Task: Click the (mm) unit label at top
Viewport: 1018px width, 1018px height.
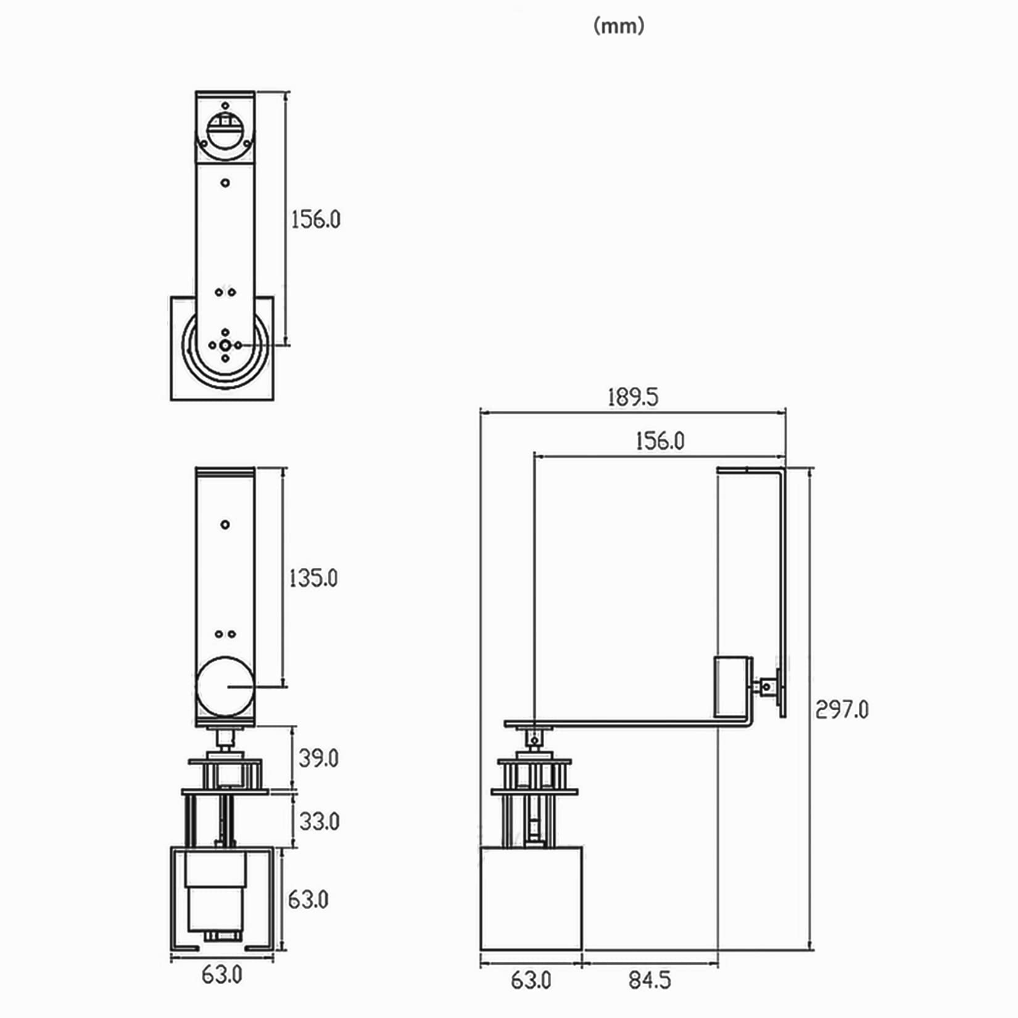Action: pos(619,26)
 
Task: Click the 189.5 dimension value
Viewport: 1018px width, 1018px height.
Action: pos(632,397)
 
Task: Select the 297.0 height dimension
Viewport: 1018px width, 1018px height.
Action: pos(842,710)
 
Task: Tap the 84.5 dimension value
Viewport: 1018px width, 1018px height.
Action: pos(649,979)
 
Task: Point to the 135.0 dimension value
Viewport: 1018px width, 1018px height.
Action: pos(313,578)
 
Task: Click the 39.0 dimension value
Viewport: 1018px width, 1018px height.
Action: pos(318,758)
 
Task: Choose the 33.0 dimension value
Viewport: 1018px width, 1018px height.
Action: pos(319,821)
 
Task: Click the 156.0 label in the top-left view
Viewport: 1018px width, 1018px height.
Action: pos(315,219)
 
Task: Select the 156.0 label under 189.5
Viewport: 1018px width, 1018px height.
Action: pos(660,441)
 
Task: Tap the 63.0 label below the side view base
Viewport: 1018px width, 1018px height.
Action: pos(531,979)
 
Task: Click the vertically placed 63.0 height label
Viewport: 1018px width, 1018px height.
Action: pos(308,900)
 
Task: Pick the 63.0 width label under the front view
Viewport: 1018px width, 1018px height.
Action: pos(221,975)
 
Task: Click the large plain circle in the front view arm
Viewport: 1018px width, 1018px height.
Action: pos(225,685)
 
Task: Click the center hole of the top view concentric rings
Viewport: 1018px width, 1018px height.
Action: pos(225,346)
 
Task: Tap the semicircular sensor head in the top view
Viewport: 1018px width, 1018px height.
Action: pos(225,131)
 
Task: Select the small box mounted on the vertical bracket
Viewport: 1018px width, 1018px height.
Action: pos(732,687)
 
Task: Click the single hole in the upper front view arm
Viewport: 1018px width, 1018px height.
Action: pos(225,524)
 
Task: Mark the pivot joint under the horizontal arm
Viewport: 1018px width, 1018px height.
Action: pos(534,739)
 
